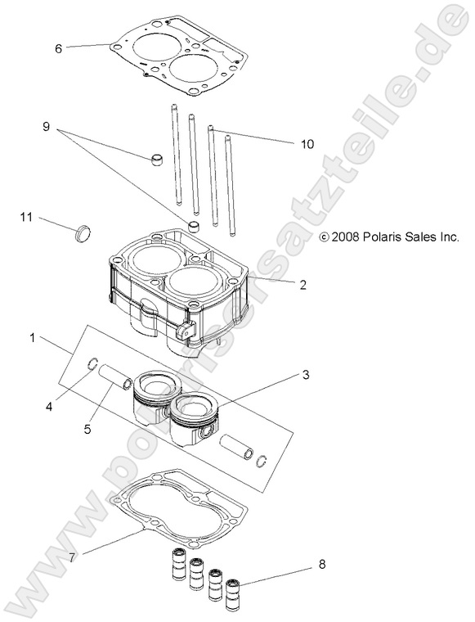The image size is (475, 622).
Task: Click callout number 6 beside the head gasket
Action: coord(58,48)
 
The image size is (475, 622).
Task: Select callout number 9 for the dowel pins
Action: coord(47,127)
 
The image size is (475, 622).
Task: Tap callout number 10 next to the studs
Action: coord(307,144)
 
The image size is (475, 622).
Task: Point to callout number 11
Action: coord(26,217)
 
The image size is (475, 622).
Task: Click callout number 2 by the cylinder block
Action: coord(302,286)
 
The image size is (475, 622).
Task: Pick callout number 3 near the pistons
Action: coord(305,376)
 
